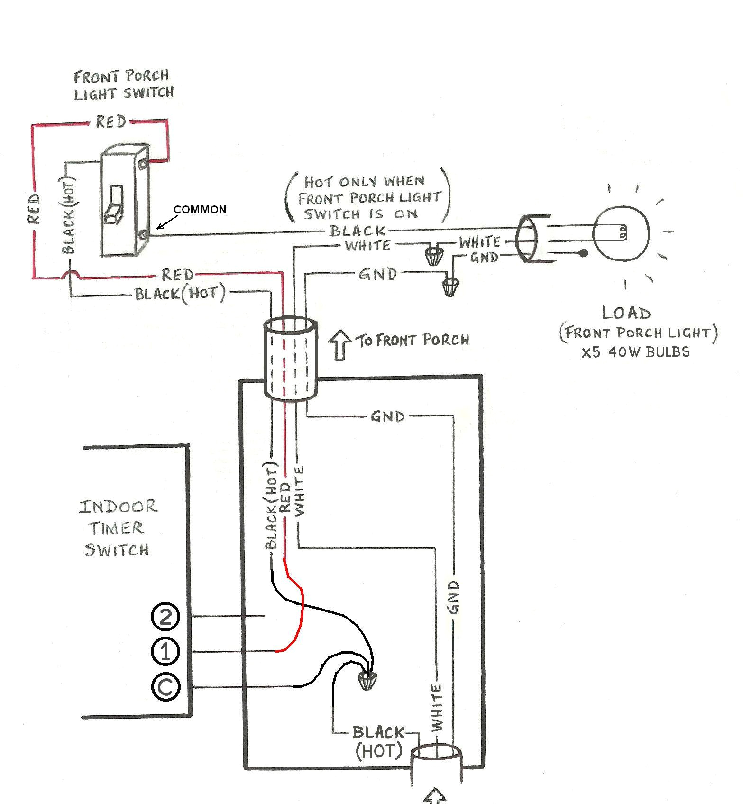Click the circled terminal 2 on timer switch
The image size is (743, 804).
click(165, 617)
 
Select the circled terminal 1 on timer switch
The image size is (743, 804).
click(165, 651)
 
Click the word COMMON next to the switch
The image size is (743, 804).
click(200, 210)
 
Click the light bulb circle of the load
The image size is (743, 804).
click(620, 233)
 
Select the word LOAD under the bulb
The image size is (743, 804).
click(626, 313)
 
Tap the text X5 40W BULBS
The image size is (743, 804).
click(636, 352)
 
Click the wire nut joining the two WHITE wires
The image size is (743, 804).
click(431, 256)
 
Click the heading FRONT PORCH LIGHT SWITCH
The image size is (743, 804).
click(123, 84)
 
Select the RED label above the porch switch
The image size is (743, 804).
click(111, 122)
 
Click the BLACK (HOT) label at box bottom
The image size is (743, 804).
click(378, 742)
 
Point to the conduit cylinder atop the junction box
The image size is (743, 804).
click(291, 360)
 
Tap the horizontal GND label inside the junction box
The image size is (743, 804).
click(388, 416)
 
